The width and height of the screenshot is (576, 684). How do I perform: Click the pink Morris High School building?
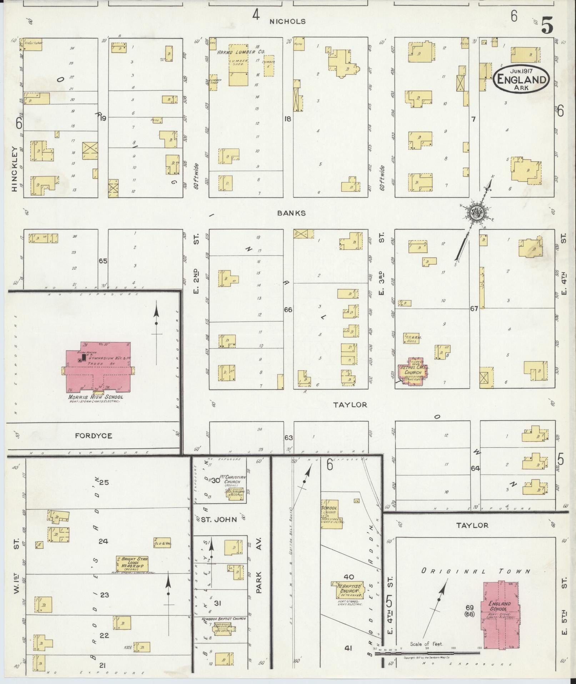click(x=99, y=368)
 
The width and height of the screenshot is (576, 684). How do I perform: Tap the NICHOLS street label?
click(x=287, y=21)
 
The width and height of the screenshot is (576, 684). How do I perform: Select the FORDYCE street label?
click(x=94, y=436)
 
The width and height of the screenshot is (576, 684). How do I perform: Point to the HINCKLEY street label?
click(x=15, y=169)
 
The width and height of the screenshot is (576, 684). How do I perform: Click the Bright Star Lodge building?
click(x=132, y=564)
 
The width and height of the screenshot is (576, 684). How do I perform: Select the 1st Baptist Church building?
click(x=346, y=590)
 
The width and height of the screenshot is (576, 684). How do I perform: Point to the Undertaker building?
click(x=33, y=44)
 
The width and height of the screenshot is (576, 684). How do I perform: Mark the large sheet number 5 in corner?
click(x=547, y=25)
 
